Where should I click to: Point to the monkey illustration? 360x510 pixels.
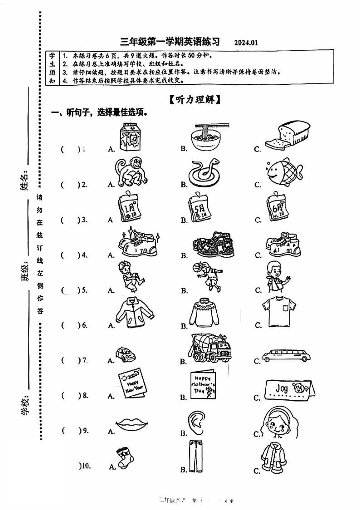(x=128, y=173)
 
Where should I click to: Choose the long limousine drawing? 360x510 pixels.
(x=287, y=355)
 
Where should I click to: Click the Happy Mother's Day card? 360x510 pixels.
(x=202, y=386)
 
